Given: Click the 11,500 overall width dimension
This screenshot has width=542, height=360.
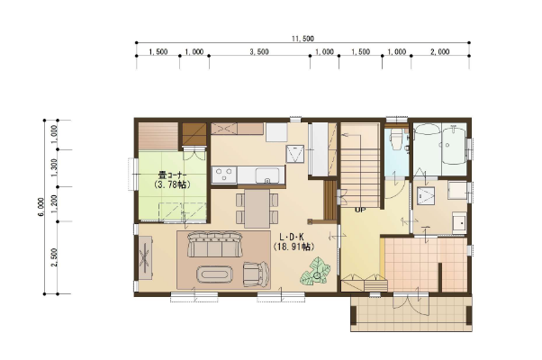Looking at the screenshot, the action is click(x=303, y=39).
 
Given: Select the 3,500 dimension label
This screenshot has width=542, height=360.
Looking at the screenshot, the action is click(x=259, y=52).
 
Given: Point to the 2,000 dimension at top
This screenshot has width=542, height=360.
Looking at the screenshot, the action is click(x=440, y=52).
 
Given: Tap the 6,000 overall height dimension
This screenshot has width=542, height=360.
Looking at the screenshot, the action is click(x=41, y=207).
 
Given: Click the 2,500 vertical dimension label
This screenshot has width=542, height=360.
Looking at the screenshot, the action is click(x=54, y=257).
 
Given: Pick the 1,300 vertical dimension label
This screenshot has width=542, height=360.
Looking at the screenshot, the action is click(x=54, y=168).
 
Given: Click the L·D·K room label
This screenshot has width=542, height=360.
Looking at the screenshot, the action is click(x=292, y=238).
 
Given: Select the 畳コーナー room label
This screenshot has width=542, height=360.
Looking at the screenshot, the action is click(x=172, y=175).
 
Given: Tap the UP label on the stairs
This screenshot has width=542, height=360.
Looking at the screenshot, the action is click(x=360, y=210).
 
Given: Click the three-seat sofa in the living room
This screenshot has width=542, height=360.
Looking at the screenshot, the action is click(x=214, y=245).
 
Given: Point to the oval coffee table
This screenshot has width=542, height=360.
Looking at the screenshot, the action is click(x=214, y=275).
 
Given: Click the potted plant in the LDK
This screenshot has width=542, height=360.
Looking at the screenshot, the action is click(x=315, y=272).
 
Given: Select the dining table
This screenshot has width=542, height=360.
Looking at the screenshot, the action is click(x=257, y=208).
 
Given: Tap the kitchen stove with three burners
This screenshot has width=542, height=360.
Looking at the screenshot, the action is click(x=224, y=175).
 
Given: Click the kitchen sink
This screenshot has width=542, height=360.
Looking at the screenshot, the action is click(x=267, y=175).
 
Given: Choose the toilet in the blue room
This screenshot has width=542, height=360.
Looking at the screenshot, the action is click(x=396, y=139).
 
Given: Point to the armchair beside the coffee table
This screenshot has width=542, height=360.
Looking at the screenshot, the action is click(x=256, y=274).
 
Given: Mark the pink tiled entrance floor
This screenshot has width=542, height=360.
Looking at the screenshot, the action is click(x=426, y=265).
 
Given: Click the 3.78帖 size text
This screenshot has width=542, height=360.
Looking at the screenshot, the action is click(x=172, y=184).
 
